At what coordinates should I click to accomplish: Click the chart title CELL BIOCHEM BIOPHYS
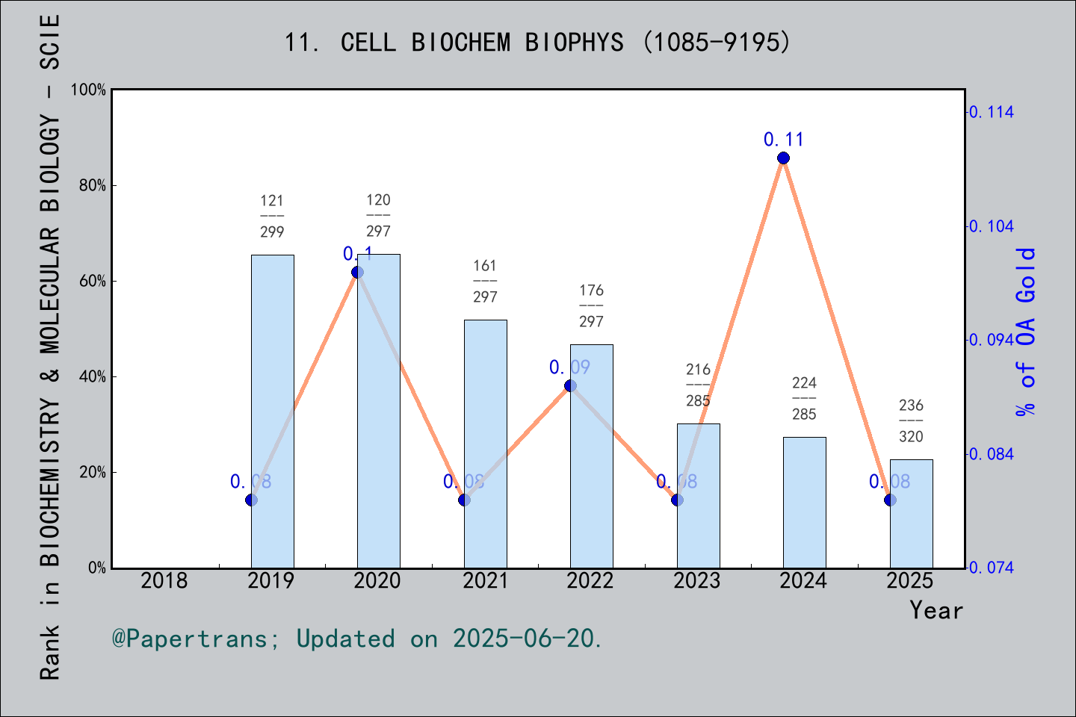pyautogui.click(x=537, y=43)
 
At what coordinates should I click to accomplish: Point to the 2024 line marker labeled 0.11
pyautogui.click(x=783, y=158)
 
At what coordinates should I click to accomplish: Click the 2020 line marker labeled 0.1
pyautogui.click(x=357, y=272)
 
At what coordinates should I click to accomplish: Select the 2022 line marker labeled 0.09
pyautogui.click(x=570, y=385)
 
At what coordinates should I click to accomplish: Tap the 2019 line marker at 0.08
pyautogui.click(x=251, y=500)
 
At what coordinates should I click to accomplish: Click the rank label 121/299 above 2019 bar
pyautogui.click(x=272, y=216)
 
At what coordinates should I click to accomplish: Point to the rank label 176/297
pyautogui.click(x=591, y=305)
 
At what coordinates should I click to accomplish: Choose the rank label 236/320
pyautogui.click(x=911, y=420)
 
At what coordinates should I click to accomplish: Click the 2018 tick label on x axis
pyautogui.click(x=164, y=580)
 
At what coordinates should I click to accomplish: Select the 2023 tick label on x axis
pyautogui.click(x=697, y=580)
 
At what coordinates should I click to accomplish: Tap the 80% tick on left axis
pyautogui.click(x=92, y=185)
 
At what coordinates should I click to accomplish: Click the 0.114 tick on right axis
pyautogui.click(x=992, y=112)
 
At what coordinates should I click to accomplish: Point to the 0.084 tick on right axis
pyautogui.click(x=992, y=454)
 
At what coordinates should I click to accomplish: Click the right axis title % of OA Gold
pyautogui.click(x=1026, y=332)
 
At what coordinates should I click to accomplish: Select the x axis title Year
pyautogui.click(x=936, y=610)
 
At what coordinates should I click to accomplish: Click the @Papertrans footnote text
pyautogui.click(x=357, y=639)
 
